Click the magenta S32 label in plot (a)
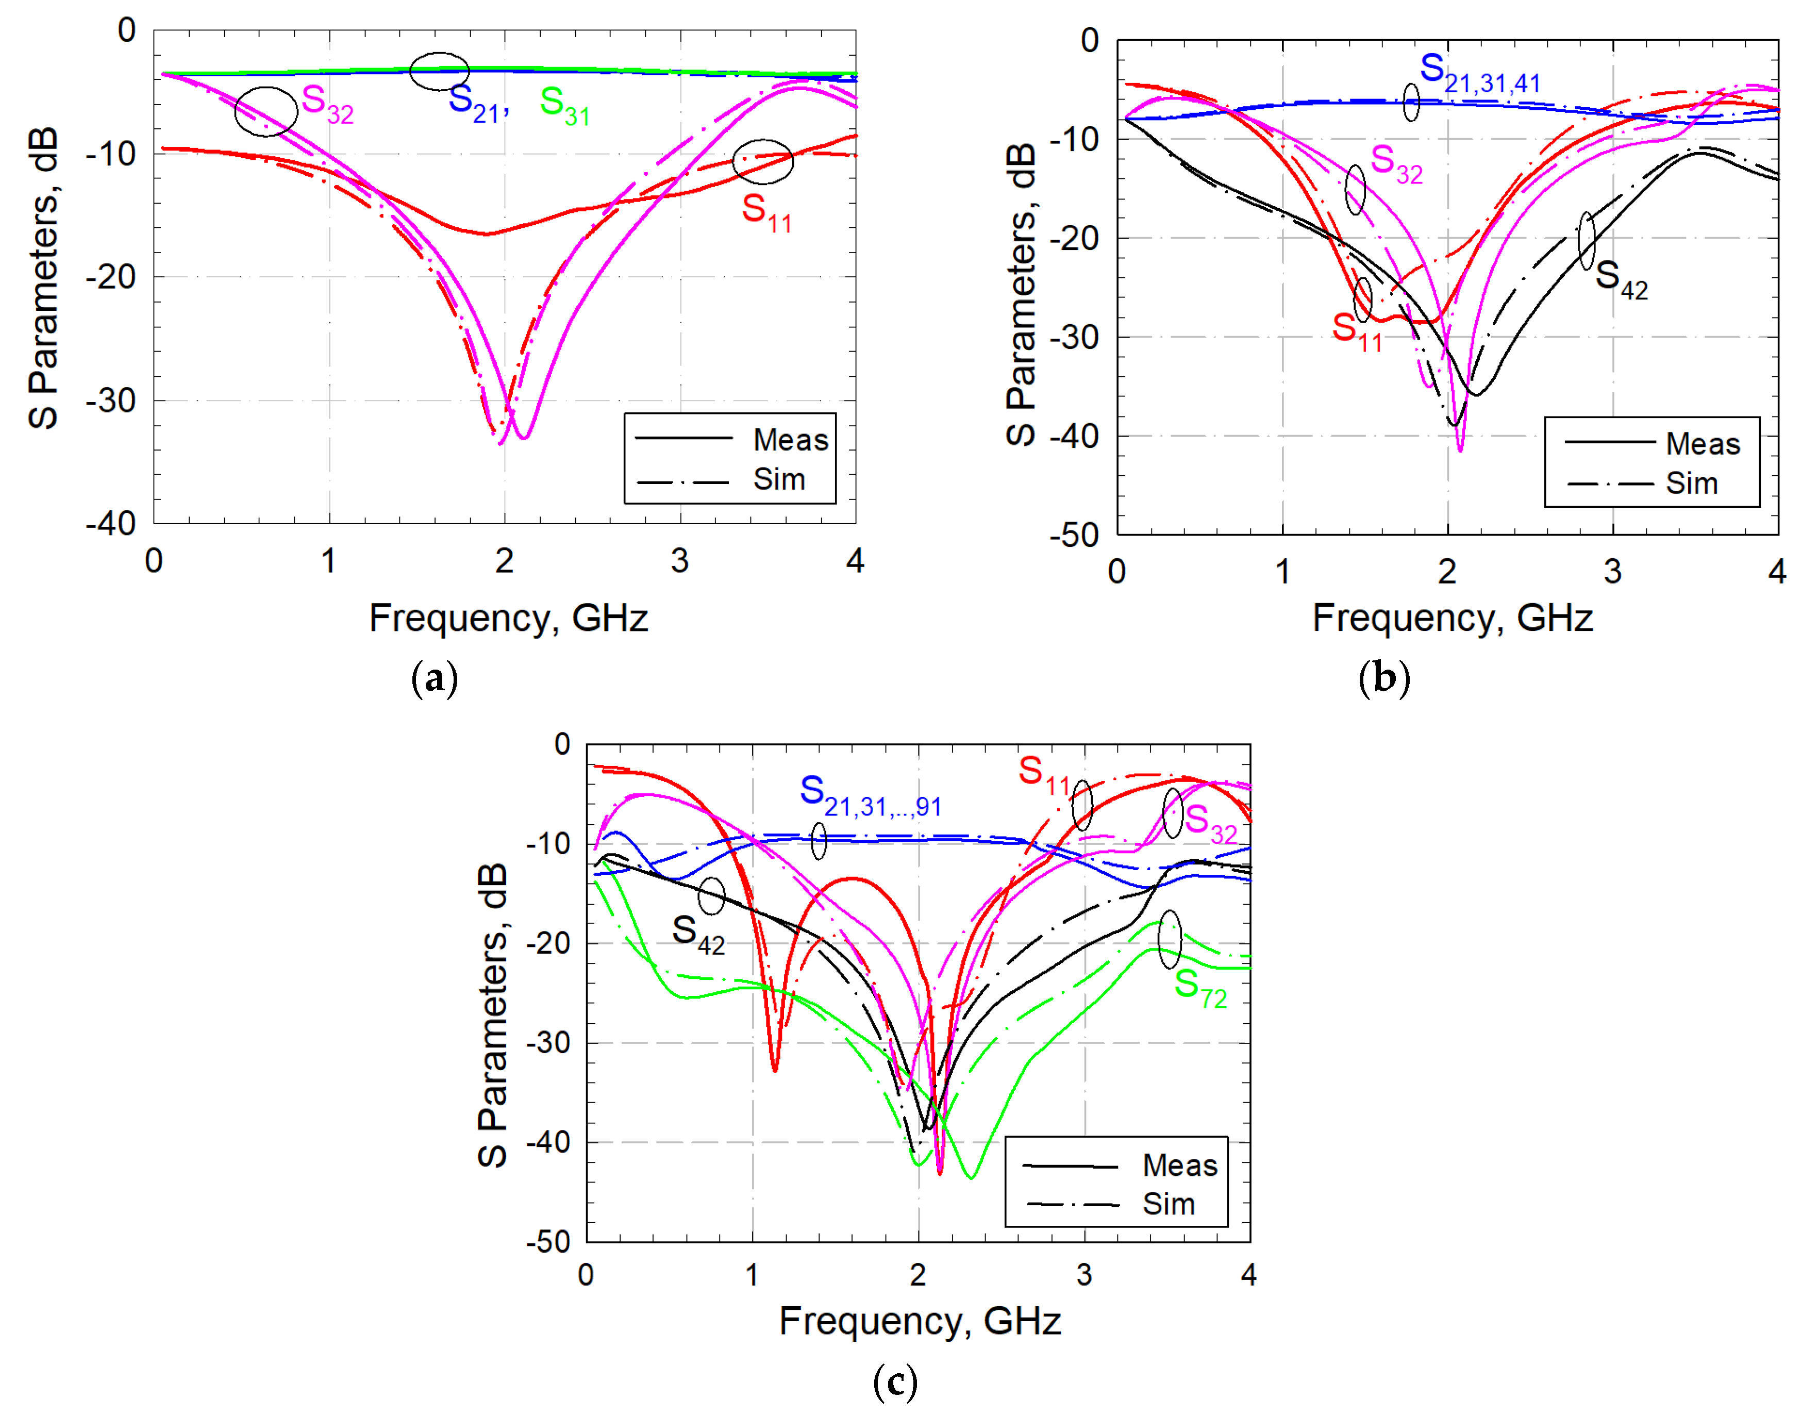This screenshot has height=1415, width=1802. point(327,104)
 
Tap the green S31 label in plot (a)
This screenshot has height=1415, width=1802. point(564,106)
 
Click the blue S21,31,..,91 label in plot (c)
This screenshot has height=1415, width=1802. point(870,797)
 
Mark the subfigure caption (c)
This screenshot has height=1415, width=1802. point(895,1382)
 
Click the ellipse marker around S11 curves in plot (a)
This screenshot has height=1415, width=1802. point(762,161)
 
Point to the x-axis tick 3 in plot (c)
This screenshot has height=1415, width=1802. point(1083,1275)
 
